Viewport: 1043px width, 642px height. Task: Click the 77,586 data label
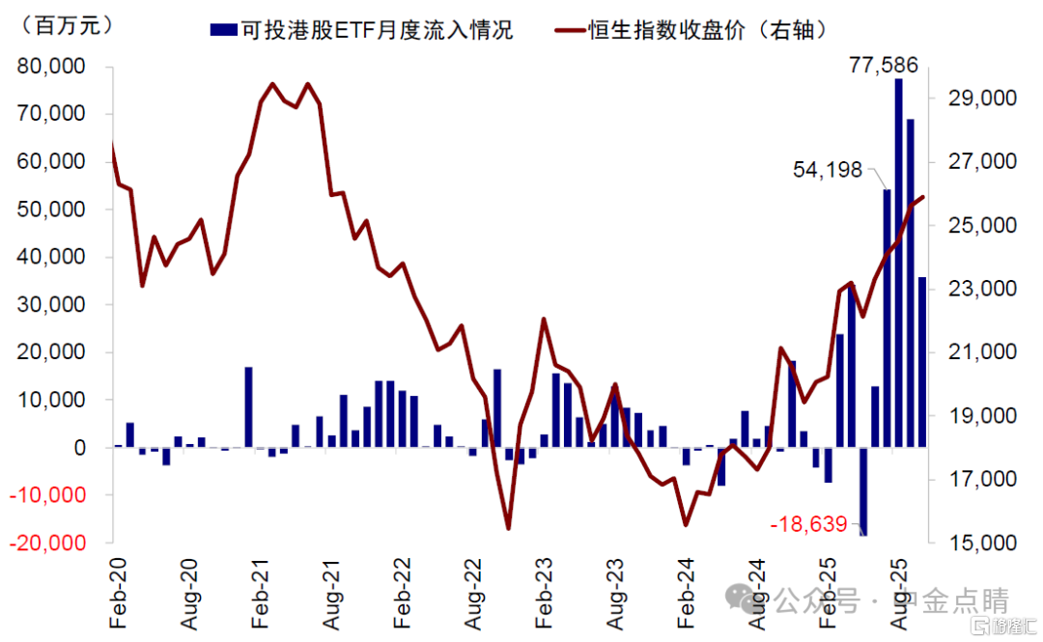tap(883, 66)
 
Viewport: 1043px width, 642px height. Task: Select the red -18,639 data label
tap(808, 524)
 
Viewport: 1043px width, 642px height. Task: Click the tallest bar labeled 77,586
tap(898, 261)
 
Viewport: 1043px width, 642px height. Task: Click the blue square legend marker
tap(222, 30)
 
